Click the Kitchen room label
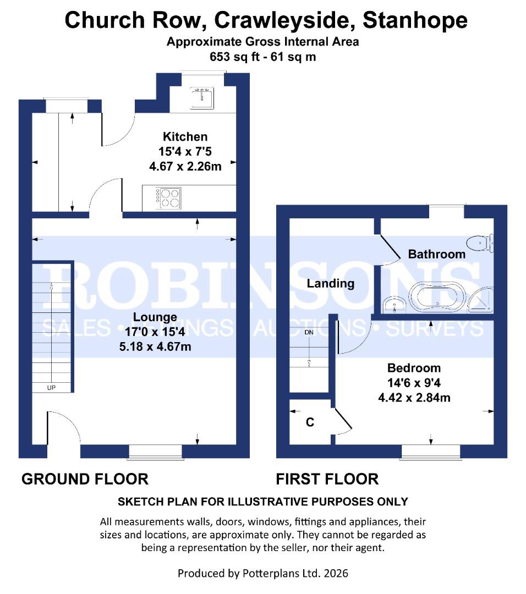point(185,137)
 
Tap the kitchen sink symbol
point(202,97)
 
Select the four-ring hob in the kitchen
point(169,197)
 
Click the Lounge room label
point(155,317)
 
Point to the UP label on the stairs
point(52,388)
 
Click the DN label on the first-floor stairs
point(309,332)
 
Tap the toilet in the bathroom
point(480,243)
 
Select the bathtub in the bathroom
point(438,298)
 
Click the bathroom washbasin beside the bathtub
point(394,304)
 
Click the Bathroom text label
point(436,254)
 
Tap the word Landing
point(330,284)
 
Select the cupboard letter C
point(310,422)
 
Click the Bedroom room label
point(414,369)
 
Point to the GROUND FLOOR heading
point(85,479)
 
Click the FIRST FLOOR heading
point(327,479)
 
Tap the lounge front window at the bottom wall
point(155,452)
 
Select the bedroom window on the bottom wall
point(430,452)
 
